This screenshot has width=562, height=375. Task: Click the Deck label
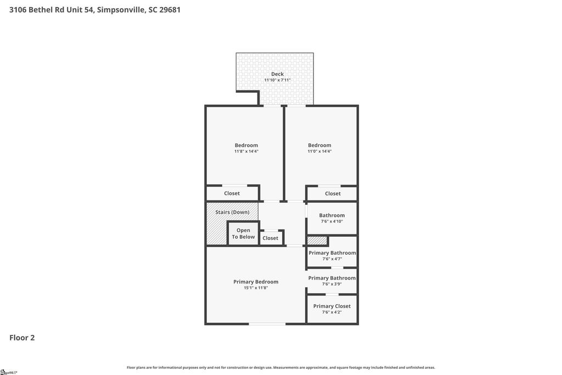pyautogui.click(x=277, y=74)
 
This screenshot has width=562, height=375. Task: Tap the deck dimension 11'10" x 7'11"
pyautogui.click(x=277, y=80)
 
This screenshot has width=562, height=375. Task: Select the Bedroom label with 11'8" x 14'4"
pyautogui.click(x=246, y=145)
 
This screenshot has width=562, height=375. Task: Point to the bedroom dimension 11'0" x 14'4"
pyautogui.click(x=319, y=152)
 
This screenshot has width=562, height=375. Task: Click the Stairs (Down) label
pyautogui.click(x=232, y=212)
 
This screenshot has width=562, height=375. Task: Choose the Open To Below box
pyautogui.click(x=243, y=233)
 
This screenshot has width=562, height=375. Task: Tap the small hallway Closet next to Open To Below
pyautogui.click(x=271, y=238)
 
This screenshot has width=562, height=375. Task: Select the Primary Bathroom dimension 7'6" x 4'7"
pyautogui.click(x=332, y=259)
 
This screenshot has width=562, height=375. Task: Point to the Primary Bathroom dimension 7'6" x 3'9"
pyautogui.click(x=332, y=284)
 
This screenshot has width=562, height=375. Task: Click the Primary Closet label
pyautogui.click(x=332, y=306)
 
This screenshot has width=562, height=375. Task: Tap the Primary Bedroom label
pyautogui.click(x=256, y=282)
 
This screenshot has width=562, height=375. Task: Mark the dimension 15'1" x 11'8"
pyautogui.click(x=256, y=288)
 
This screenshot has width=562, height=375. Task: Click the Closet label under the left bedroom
pyautogui.click(x=232, y=193)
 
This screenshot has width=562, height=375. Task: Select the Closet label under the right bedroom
pyautogui.click(x=333, y=194)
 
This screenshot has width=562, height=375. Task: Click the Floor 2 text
pyautogui.click(x=22, y=338)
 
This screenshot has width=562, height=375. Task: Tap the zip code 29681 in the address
pyautogui.click(x=170, y=10)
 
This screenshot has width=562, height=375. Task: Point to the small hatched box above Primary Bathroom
pyautogui.click(x=317, y=240)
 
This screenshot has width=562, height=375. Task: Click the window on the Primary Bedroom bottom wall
pyautogui.click(x=267, y=324)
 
